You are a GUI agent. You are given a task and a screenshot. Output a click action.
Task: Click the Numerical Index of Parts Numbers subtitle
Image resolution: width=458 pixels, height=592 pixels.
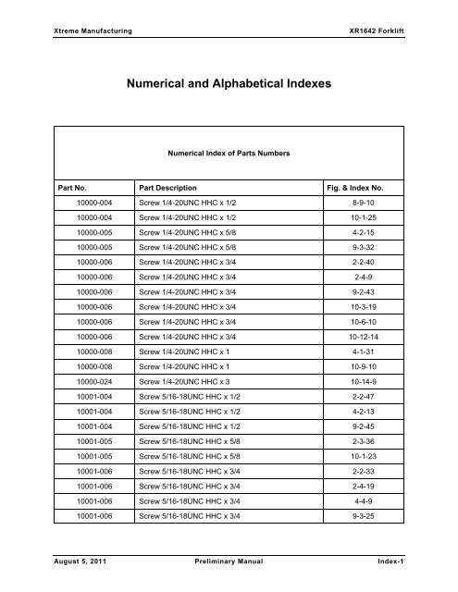pos(229,155)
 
